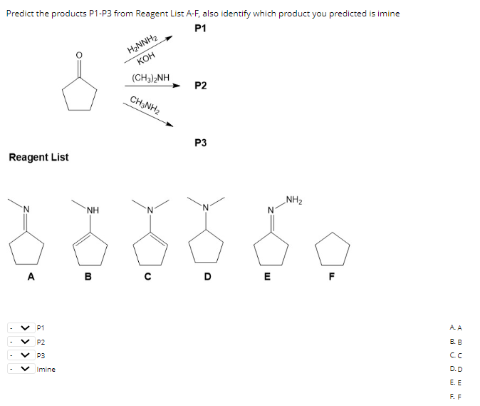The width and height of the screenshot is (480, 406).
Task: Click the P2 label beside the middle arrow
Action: point(200,86)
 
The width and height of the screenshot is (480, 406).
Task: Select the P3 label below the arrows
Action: point(200,143)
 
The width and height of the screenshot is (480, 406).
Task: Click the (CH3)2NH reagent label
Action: point(151,77)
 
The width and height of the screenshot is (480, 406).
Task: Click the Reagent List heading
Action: point(38,157)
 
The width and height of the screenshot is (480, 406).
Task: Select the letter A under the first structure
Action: point(29,278)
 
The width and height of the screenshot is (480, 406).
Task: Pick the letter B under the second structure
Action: point(88,278)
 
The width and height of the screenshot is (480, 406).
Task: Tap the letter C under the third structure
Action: point(148,278)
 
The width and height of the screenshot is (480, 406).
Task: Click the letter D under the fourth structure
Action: point(207,278)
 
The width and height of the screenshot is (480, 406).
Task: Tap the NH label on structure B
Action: point(92,210)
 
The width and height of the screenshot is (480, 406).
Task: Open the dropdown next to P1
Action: point(21,328)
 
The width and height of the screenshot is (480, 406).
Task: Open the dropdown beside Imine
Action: point(21,369)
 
